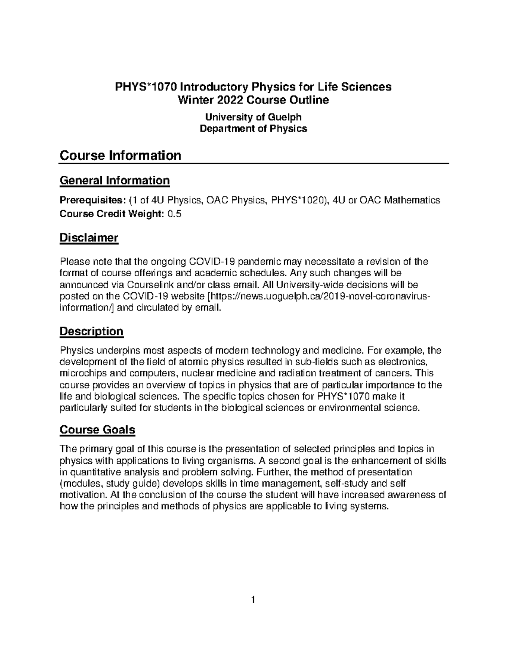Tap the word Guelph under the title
click(x=286, y=117)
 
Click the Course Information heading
click(x=120, y=155)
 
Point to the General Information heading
click(x=114, y=181)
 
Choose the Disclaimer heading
click(x=89, y=238)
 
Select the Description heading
click(x=91, y=331)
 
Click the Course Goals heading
click(x=97, y=430)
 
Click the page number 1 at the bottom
click(x=253, y=599)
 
